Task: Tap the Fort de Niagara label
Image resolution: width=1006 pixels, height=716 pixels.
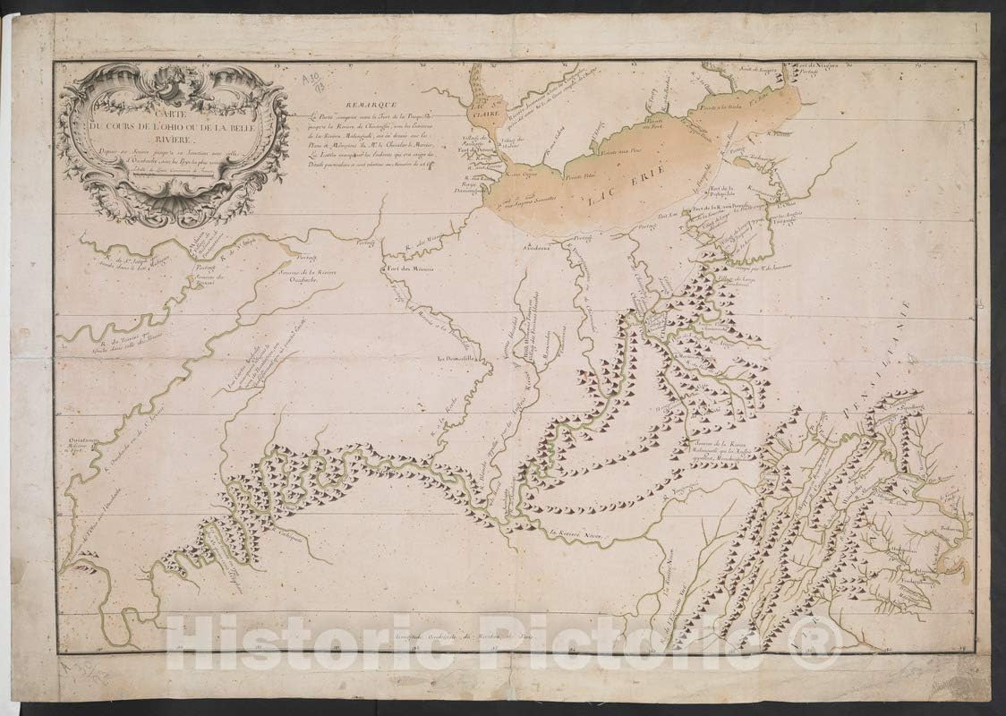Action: [x=812, y=65]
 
